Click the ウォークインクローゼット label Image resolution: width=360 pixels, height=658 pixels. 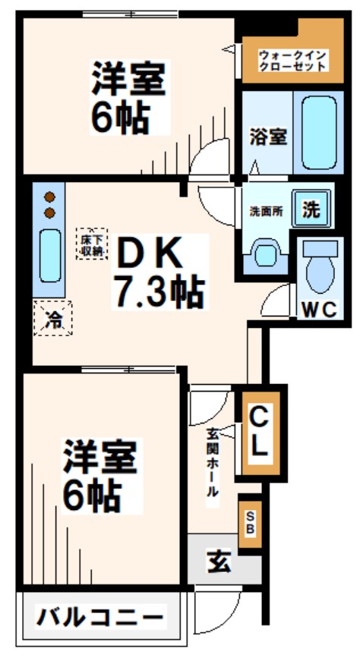pos(292,61)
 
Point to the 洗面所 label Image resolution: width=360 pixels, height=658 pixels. pos(267,212)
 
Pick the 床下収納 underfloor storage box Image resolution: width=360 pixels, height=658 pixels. pos(90,244)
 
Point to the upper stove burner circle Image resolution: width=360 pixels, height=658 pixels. pos(49,193)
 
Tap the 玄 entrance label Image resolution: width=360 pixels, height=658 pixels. pos(218,562)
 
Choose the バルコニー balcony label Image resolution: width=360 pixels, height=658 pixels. pos(100,615)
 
